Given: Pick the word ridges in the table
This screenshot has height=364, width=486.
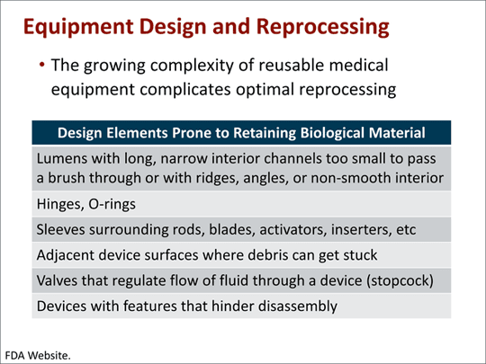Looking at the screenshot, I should (237, 179).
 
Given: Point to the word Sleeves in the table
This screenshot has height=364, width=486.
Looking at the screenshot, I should (63, 230).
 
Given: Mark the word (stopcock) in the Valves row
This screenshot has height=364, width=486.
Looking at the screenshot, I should (398, 280).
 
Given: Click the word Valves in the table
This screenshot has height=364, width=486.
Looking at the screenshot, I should (59, 280).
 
